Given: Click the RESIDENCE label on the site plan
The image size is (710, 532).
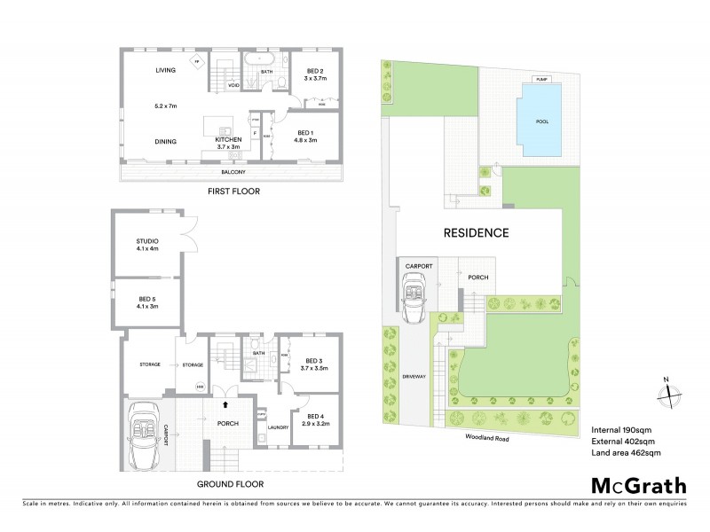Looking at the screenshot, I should coord(476,234).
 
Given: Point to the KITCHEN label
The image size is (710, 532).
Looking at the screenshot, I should coord(228,140).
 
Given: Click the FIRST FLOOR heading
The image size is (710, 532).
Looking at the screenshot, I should coord(233,191).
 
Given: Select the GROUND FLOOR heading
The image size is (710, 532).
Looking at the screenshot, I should coord(233,484).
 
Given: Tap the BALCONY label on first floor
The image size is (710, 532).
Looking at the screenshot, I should coord(233,171).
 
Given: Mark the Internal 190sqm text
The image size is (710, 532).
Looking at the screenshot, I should coord(620,428).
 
